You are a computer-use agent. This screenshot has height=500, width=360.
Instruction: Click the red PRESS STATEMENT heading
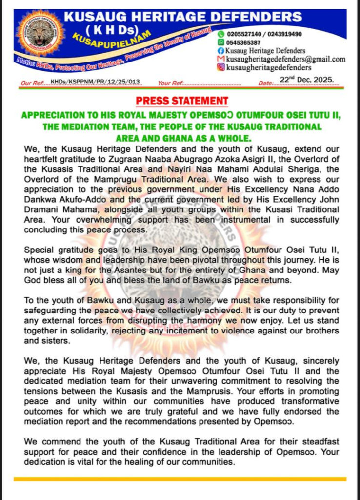click(x=181, y=101)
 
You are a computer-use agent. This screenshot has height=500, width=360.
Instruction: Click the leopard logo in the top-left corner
click(x=40, y=33)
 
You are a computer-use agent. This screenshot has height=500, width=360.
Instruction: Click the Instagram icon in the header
click(x=221, y=67)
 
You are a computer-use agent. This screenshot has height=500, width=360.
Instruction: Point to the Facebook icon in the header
click(x=221, y=51)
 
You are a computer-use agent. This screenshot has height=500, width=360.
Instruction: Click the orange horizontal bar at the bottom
click(x=180, y=479)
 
